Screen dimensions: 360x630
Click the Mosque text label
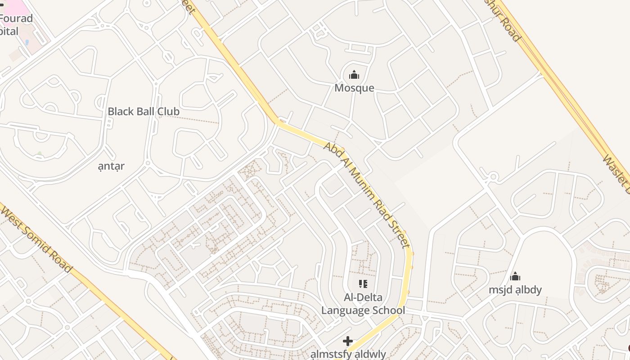[354, 88]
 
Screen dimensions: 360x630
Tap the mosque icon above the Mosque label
[354, 75]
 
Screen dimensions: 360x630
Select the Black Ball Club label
[144, 112]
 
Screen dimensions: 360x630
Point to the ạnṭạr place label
[111, 166]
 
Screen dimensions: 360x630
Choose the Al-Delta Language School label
[363, 304]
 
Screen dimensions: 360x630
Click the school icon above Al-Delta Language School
[363, 284]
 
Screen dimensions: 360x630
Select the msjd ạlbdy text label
[515, 289]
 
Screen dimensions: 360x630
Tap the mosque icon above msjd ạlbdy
[515, 276]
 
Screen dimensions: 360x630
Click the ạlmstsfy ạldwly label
[348, 354]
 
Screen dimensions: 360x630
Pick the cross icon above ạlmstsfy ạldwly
[348, 341]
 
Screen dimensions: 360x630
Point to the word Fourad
[17, 19]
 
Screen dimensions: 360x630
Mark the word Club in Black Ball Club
[168, 112]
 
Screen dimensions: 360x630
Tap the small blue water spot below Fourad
[27, 43]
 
